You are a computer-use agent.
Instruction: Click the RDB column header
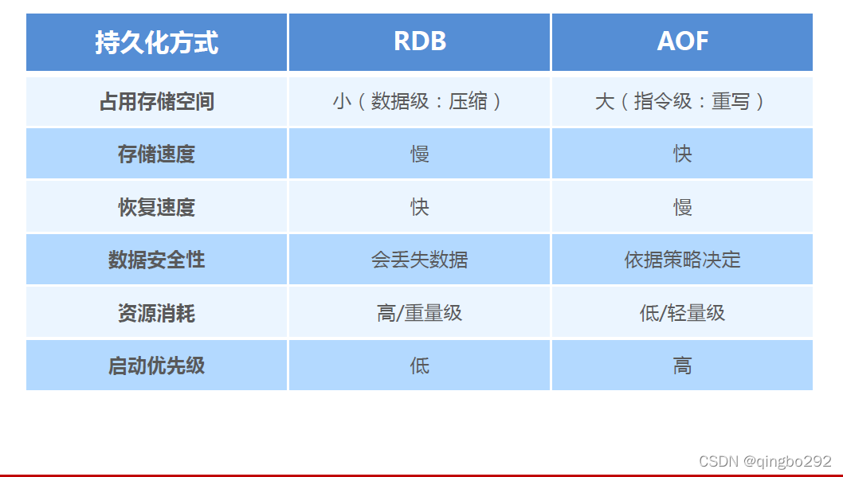(x=419, y=42)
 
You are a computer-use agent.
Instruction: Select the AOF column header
(x=682, y=42)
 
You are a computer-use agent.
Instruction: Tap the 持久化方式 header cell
(x=156, y=42)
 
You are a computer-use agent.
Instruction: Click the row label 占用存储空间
(x=156, y=101)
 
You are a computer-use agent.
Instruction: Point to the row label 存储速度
(x=156, y=154)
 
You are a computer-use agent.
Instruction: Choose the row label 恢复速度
(x=156, y=207)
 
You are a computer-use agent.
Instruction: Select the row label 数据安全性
(x=156, y=260)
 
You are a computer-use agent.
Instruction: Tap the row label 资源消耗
(x=156, y=313)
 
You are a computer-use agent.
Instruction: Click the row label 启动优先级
(x=156, y=366)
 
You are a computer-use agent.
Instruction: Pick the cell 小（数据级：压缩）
(x=419, y=101)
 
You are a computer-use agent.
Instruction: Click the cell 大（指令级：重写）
(x=682, y=101)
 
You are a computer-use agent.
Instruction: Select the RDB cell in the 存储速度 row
(x=419, y=154)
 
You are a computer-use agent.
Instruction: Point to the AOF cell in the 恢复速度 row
(x=682, y=207)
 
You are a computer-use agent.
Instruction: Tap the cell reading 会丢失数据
(x=419, y=260)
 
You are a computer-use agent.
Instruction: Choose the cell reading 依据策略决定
(x=682, y=260)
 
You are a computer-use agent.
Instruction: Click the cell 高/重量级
(x=419, y=313)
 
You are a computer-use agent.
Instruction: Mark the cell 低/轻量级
(x=682, y=313)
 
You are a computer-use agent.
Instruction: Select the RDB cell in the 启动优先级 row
(x=419, y=366)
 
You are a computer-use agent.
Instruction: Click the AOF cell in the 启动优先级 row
(x=682, y=366)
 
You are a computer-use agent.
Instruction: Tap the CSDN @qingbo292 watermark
(x=764, y=461)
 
